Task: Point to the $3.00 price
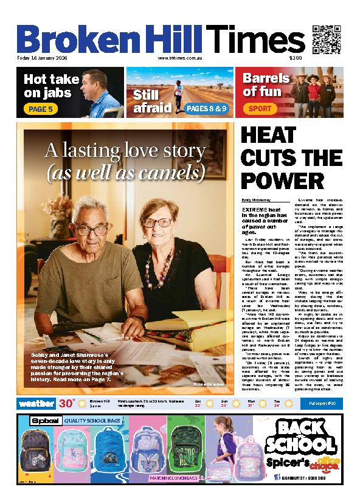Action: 296,58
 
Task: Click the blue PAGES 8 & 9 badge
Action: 207,109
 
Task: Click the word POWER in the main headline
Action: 282,181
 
